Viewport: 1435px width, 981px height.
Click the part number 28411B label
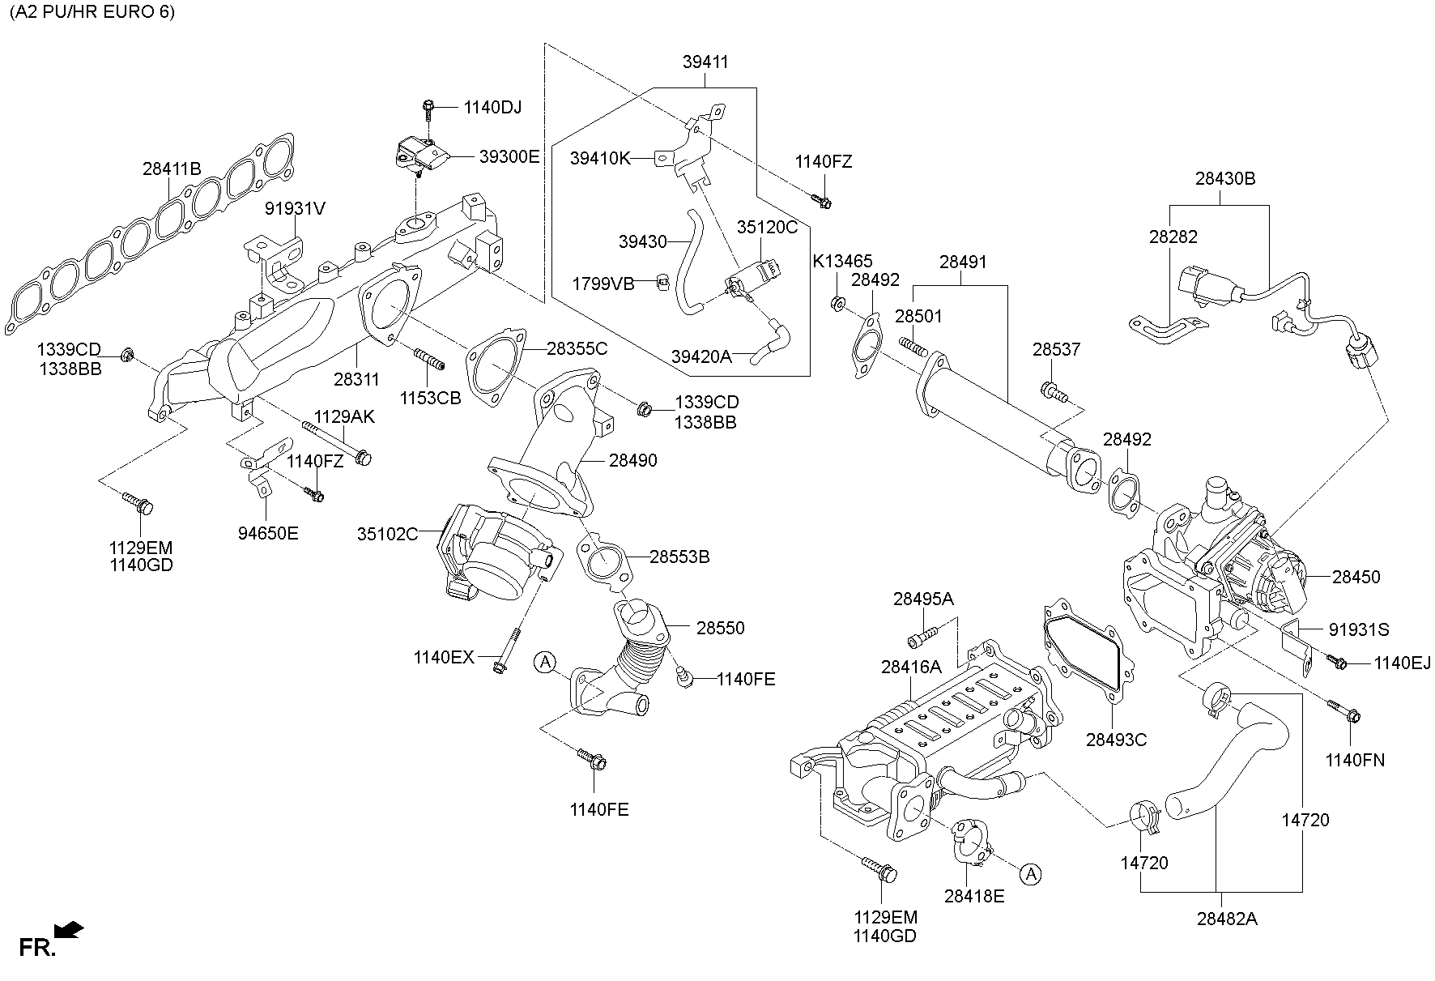(x=172, y=169)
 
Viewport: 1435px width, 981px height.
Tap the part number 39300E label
(x=509, y=157)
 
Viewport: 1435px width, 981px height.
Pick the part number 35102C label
(x=388, y=534)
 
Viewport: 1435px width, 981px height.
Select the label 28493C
(x=1116, y=740)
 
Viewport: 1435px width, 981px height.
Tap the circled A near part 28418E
(x=1029, y=874)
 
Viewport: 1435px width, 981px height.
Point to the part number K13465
(x=843, y=261)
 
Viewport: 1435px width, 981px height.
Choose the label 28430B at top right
(x=1225, y=178)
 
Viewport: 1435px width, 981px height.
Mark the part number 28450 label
(x=1356, y=577)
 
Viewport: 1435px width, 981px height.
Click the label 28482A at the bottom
(x=1227, y=919)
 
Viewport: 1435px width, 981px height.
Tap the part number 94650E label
(x=268, y=533)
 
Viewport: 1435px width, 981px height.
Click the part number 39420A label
(x=701, y=356)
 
